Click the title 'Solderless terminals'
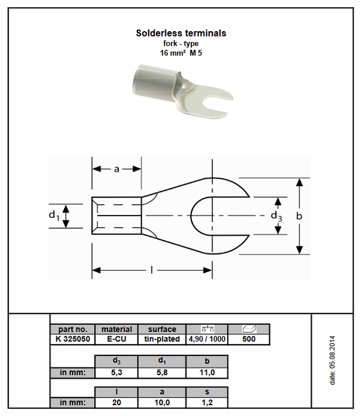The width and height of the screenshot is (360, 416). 181,33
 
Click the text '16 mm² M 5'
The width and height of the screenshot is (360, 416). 181,53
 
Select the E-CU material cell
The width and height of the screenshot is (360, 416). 116,339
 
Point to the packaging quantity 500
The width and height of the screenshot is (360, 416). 248,339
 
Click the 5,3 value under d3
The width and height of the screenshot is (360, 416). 116,372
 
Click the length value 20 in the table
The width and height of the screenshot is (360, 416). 116,402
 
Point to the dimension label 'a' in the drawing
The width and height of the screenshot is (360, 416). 116,169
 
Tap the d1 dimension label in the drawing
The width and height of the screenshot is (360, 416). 53,215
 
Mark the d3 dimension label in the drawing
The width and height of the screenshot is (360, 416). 275,215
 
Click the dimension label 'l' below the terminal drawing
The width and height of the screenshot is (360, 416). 152,271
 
